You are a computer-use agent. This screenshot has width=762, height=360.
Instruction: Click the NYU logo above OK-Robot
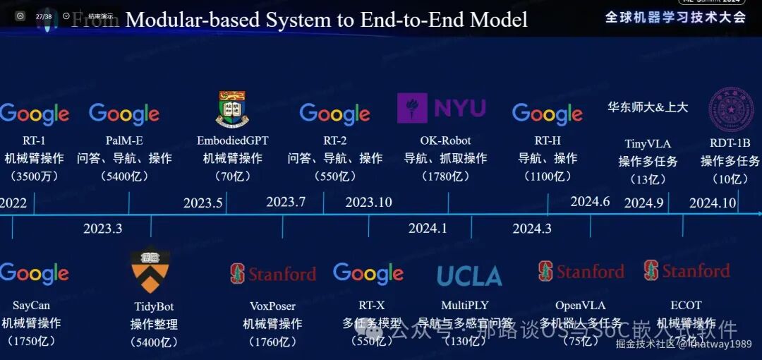click(442, 108)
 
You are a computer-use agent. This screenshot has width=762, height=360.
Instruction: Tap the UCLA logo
click(469, 276)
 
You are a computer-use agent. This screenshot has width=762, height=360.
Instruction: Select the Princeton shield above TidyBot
click(150, 271)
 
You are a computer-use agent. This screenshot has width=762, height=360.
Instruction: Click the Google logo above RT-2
click(334, 114)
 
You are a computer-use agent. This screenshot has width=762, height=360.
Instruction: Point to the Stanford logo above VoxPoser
click(272, 274)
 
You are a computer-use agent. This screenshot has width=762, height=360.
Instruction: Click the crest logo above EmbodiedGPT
click(232, 109)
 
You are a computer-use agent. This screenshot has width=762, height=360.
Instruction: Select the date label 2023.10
click(368, 203)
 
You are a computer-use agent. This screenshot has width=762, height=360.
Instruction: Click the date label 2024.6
click(590, 202)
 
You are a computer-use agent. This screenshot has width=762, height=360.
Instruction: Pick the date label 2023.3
click(102, 229)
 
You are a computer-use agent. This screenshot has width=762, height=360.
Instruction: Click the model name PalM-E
click(124, 140)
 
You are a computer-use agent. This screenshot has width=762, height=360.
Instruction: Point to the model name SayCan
click(31, 306)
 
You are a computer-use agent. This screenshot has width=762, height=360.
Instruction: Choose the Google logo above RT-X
click(368, 273)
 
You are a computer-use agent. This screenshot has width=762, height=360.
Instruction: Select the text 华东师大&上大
click(648, 107)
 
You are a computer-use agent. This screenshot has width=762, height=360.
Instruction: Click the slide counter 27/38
click(43, 16)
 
